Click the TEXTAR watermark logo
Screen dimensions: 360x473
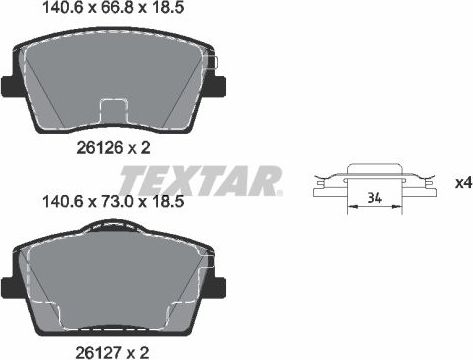pyautogui.click(x=200, y=182)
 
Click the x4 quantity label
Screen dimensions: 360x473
pyautogui.click(x=462, y=183)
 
